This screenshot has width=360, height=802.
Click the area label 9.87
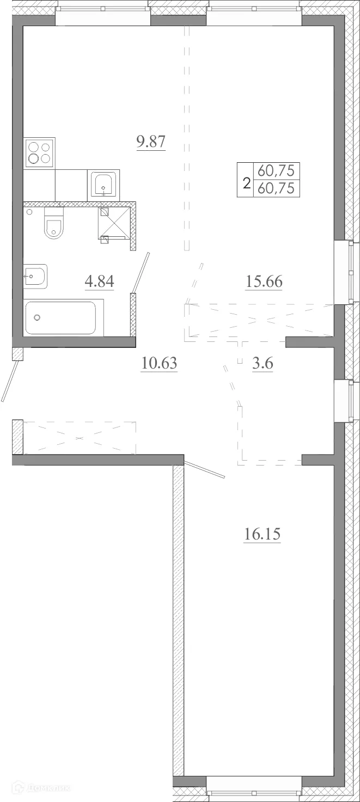(x=150, y=143)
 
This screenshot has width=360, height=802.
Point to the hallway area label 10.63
(x=159, y=363)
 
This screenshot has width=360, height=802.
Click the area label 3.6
(x=262, y=363)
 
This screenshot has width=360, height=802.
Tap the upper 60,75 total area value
(x=276, y=172)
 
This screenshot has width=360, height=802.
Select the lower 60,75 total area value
(x=276, y=189)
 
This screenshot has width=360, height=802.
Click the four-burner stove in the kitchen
(x=39, y=153)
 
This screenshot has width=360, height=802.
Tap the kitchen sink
(x=103, y=185)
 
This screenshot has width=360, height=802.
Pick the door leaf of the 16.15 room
(x=205, y=469)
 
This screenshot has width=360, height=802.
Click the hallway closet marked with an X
(x=80, y=437)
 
